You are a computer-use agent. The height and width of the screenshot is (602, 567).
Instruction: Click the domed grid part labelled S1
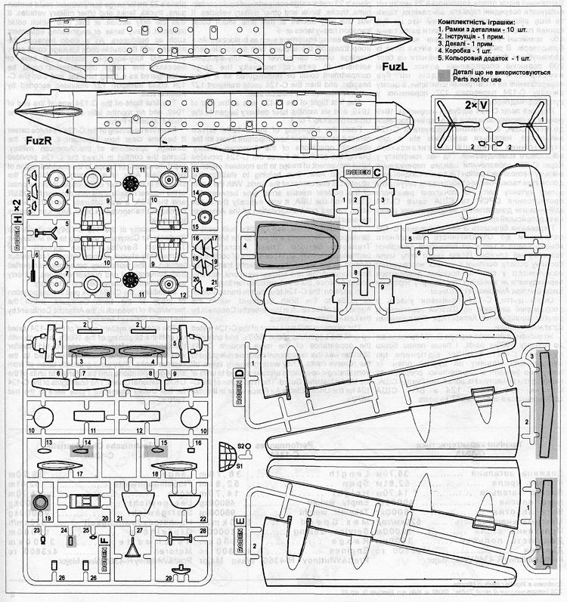[x=225, y=457]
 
